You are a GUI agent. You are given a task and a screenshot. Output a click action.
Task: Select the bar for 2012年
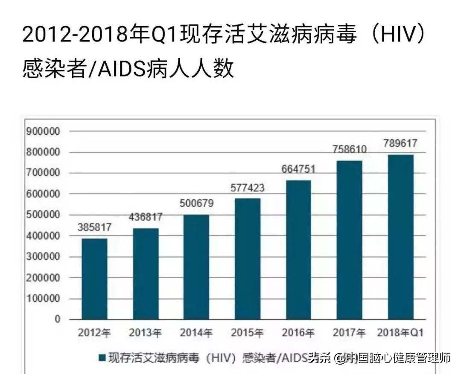click(x=94, y=279)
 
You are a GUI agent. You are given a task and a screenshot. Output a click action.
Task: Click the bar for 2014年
click(x=196, y=267)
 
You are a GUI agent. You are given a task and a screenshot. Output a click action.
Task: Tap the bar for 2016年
click(x=298, y=250)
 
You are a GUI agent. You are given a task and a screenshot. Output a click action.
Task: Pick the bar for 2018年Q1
click(x=400, y=237)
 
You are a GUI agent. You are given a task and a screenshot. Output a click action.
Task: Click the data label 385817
click(x=95, y=227)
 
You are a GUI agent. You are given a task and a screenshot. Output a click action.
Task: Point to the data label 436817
click(x=146, y=217)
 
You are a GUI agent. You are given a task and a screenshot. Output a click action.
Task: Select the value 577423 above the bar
click(x=248, y=188)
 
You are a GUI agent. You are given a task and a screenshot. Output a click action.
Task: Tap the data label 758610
click(x=350, y=150)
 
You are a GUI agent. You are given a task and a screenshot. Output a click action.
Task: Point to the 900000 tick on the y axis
click(x=44, y=131)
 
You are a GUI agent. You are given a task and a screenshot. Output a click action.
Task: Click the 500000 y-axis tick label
click(x=44, y=215)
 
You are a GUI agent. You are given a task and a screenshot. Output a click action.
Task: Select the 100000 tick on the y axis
click(x=44, y=298)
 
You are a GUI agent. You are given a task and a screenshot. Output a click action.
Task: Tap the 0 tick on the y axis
click(x=57, y=319)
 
